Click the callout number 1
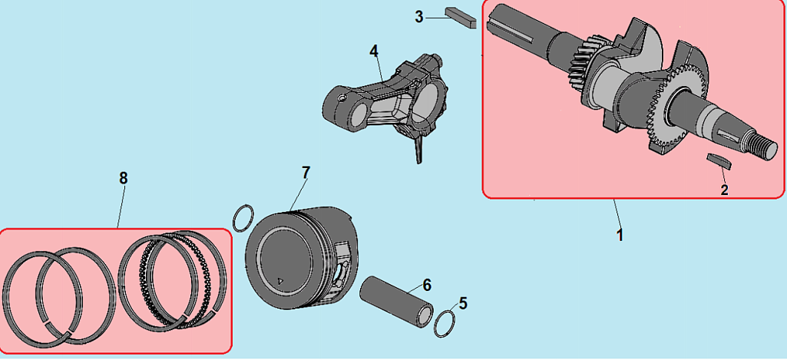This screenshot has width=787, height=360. point(620,234)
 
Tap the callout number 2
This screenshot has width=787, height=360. point(724,190)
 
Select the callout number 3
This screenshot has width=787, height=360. point(419,17)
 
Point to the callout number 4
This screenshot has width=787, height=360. point(374,51)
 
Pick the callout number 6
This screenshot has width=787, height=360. point(427,285)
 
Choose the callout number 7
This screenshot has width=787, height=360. point(306,172)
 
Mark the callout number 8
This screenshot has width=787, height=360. point(124,178)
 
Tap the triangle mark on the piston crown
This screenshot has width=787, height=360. point(280,280)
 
